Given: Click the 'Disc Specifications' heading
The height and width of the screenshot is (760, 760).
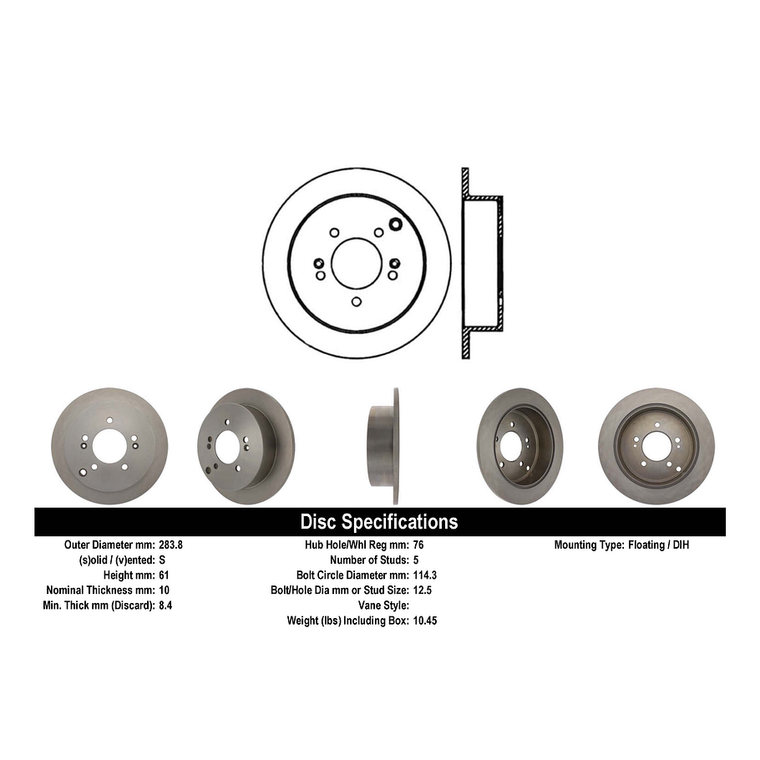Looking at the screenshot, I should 379,522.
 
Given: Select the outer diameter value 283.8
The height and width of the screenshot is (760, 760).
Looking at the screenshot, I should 170,545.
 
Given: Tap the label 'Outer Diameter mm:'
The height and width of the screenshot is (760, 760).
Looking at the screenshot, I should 109,545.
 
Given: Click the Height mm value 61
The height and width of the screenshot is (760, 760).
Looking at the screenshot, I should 165,575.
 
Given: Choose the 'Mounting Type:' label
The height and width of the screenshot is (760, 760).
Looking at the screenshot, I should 589,545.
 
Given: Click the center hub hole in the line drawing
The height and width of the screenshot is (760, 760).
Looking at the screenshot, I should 357,262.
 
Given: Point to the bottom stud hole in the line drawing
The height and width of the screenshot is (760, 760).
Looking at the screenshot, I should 357,301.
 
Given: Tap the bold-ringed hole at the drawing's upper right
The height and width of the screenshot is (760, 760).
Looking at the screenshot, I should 395,223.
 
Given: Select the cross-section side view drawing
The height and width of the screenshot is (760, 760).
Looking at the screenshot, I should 482,263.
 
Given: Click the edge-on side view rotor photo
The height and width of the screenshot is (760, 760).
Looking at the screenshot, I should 385,446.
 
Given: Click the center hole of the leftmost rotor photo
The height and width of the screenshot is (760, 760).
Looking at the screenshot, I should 109,447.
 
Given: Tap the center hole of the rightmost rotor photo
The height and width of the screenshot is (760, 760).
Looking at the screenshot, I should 656,445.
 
